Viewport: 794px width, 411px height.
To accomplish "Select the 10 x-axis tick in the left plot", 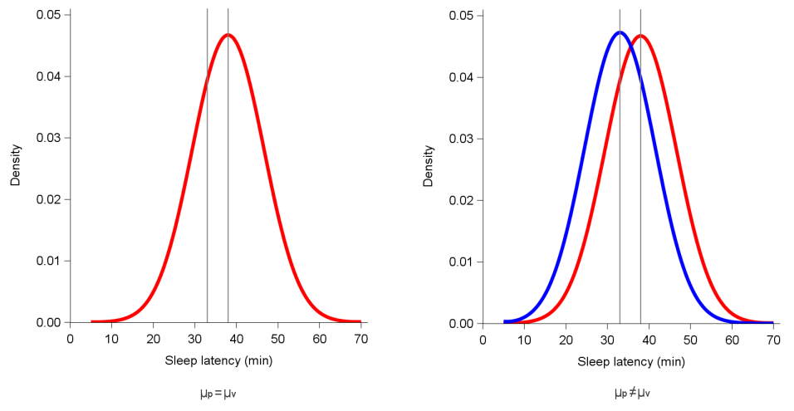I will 111,338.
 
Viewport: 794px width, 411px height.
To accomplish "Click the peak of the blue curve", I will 619,32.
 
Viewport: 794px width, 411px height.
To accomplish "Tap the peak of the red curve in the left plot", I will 228,35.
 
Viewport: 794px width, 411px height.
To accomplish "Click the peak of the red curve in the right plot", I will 640,35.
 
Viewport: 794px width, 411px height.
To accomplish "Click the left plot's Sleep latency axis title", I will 218,361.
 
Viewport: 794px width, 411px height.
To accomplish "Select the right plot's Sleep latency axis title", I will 631,362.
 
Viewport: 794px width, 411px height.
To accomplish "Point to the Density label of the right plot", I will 429,165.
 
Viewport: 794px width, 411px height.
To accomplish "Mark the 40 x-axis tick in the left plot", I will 236,338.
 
